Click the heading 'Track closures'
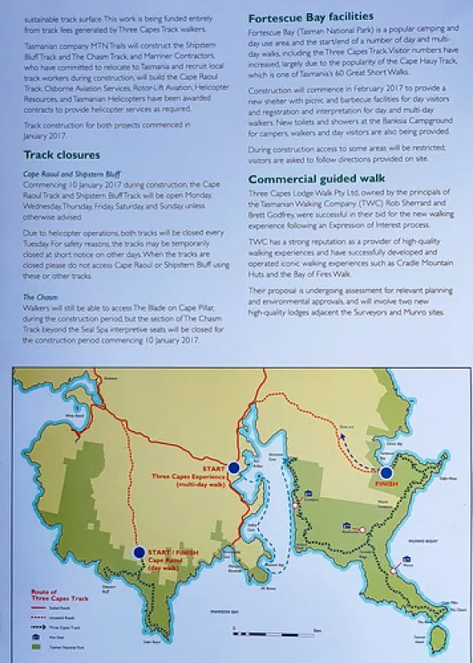click(61, 155)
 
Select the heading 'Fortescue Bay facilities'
click(311, 16)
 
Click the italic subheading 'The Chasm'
click(40, 297)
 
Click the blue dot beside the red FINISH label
click(386, 472)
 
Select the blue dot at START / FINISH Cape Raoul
click(139, 552)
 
